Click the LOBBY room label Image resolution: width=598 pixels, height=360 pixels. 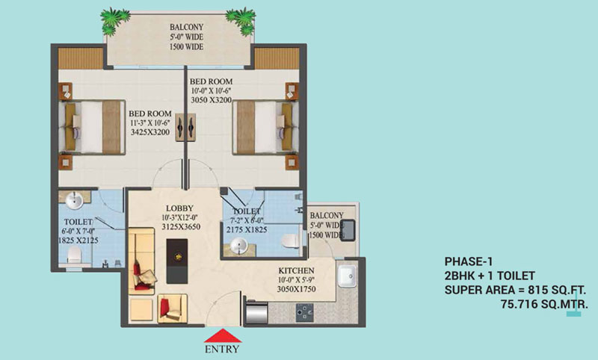[x=179, y=208]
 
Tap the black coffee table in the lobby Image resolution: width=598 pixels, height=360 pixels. [x=176, y=261]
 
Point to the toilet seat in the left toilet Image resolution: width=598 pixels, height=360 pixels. [x=73, y=256]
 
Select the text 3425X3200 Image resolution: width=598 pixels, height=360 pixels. [x=149, y=133]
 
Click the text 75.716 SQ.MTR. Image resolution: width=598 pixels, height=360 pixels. [x=545, y=304]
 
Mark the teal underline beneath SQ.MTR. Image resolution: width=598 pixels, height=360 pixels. [x=573, y=315]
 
